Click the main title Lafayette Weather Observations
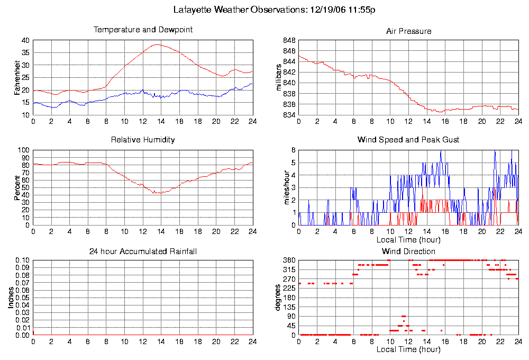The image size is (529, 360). point(275,10)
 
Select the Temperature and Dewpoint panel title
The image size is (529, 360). point(143,30)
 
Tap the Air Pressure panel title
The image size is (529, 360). point(408,31)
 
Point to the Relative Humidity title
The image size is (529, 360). point(143,140)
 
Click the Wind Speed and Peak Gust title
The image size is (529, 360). point(408,140)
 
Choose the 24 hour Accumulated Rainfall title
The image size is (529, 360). point(143,251)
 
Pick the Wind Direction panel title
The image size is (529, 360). point(408,251)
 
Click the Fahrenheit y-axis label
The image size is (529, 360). point(17,77)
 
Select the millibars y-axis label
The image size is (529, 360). point(280,77)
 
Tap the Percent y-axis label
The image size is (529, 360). point(17,187)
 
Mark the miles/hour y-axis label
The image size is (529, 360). point(280,187)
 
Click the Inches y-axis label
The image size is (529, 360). point(11,298)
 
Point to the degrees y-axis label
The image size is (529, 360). point(280,298)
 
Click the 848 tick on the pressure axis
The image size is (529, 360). point(289,40)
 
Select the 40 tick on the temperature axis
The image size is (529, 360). point(25,40)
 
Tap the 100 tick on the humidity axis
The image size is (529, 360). point(23,150)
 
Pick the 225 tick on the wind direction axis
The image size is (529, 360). point(289,289)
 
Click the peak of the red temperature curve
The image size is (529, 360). point(157,44)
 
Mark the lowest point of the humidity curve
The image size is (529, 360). point(157,193)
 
